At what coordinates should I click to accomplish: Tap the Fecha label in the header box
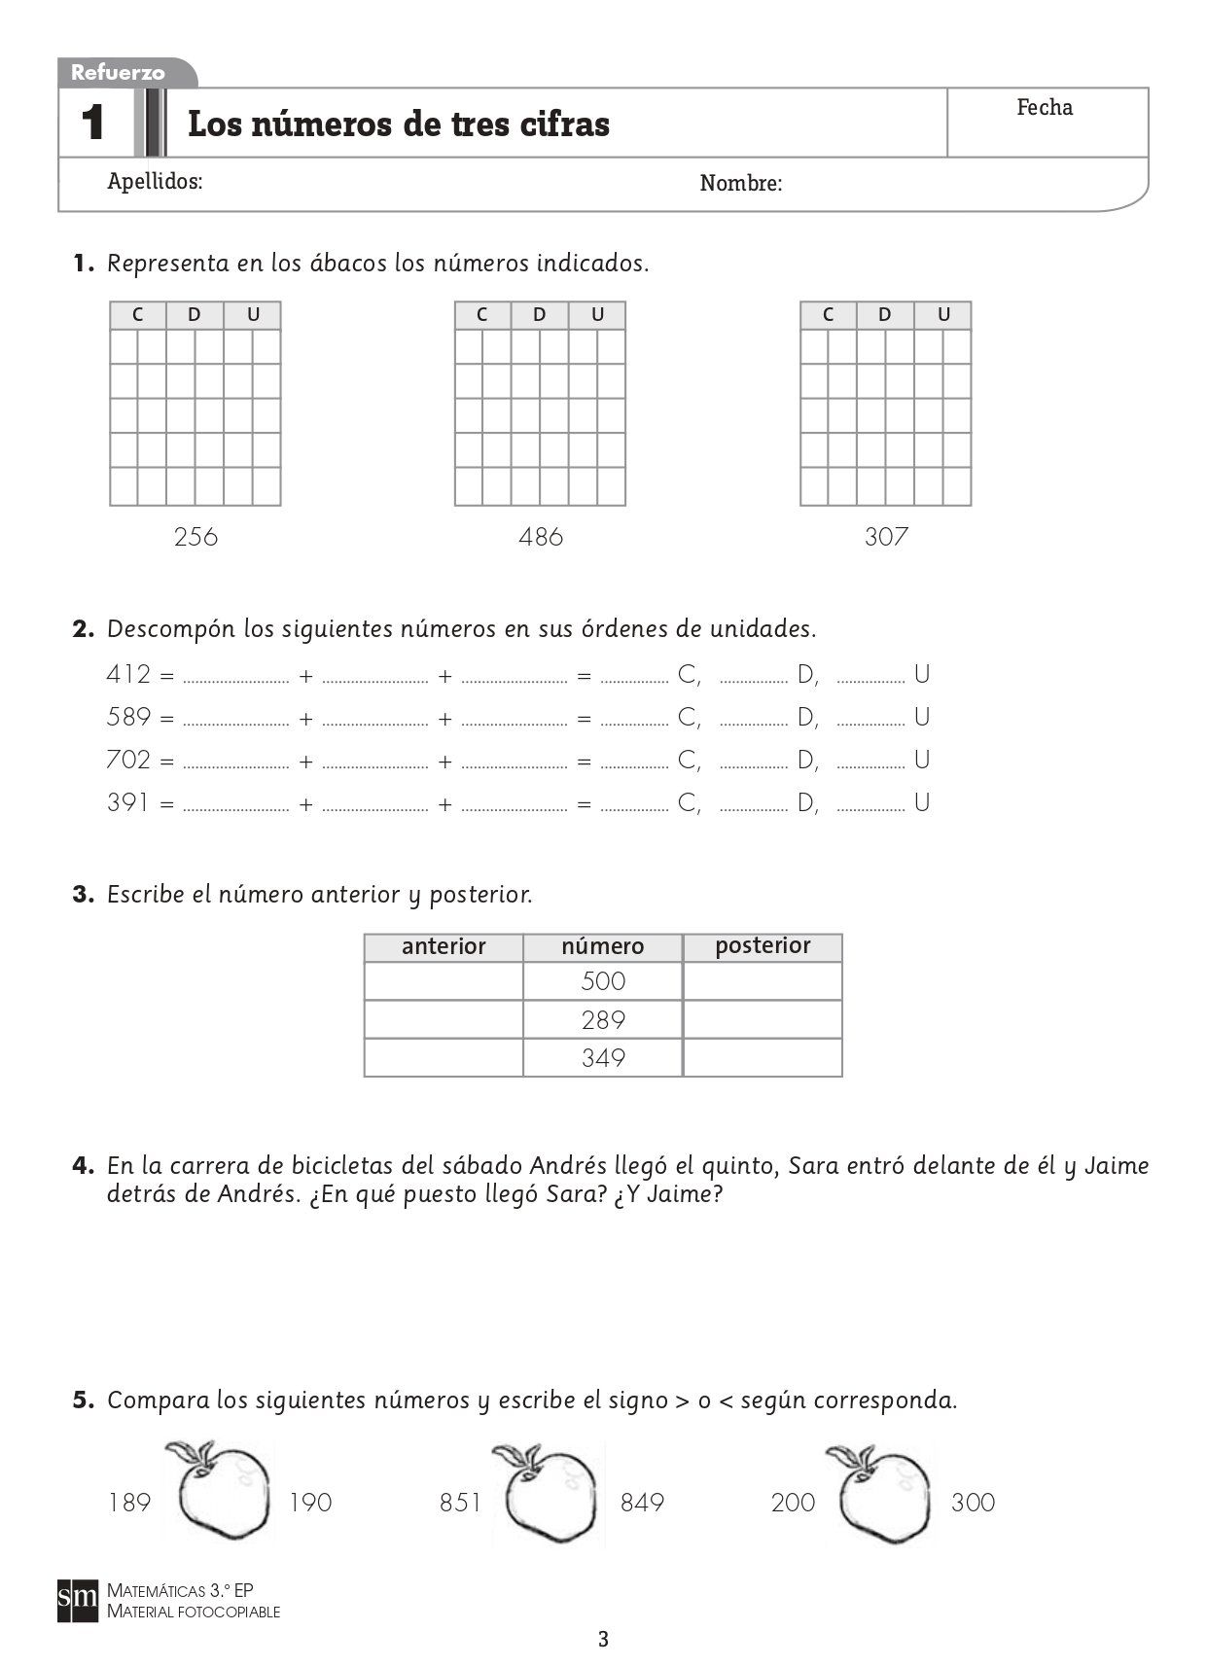click(x=1045, y=107)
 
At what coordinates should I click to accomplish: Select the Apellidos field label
click(x=155, y=181)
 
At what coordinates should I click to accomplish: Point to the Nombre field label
click(x=740, y=183)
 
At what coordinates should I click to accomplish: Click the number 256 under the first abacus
click(x=195, y=536)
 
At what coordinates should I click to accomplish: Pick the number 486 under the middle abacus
click(x=541, y=536)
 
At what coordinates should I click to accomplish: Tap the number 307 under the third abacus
click(x=886, y=536)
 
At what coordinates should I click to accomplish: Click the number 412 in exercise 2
click(x=128, y=674)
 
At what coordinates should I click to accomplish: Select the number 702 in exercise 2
click(x=128, y=759)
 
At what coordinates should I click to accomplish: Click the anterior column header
click(x=444, y=946)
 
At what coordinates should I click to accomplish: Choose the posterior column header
click(x=763, y=945)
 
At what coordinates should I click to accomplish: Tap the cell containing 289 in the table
click(x=603, y=1019)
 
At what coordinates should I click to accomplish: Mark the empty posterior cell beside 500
click(x=763, y=981)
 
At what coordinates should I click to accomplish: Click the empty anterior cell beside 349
click(x=444, y=1057)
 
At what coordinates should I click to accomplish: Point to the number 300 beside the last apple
click(x=973, y=1503)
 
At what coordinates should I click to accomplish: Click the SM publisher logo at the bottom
click(x=78, y=1599)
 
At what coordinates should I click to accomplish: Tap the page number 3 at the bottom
click(x=603, y=1640)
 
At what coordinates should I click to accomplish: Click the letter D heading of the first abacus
click(x=195, y=314)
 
